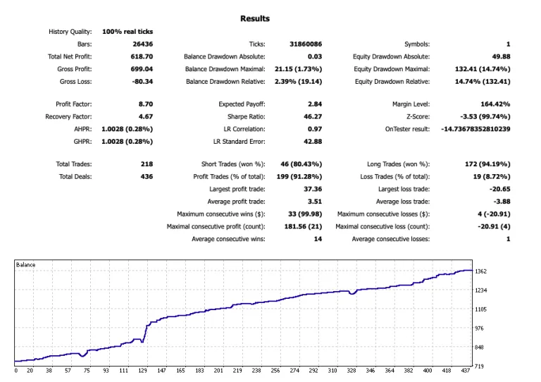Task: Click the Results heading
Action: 255,18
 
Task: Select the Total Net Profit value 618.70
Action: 142,56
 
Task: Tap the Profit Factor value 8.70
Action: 146,104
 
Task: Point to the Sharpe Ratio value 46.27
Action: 313,116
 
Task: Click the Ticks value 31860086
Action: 306,44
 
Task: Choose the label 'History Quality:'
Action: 70,32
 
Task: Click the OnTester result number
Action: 475,129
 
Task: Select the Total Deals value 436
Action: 147,177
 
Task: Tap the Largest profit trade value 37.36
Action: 313,189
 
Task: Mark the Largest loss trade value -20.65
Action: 500,189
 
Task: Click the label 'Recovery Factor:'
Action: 68,116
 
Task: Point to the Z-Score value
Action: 485,116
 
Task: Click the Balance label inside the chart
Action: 25,265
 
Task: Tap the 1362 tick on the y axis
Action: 481,271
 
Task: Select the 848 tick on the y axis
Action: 479,347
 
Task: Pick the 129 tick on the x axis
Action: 142,371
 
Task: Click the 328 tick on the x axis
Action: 352,371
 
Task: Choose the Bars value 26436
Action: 143,44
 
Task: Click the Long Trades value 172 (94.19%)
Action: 488,164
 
